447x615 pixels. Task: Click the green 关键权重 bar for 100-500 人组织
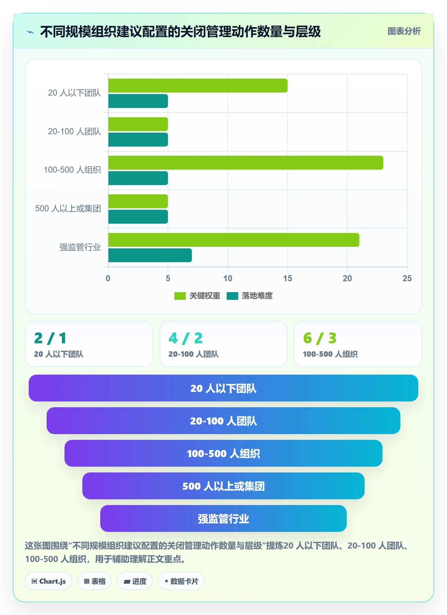pyautogui.click(x=246, y=163)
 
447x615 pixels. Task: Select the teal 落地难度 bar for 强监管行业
pyautogui.click(x=150, y=255)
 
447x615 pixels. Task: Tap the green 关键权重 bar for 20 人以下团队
pyautogui.click(x=198, y=86)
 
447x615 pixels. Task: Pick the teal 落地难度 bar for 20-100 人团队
pyautogui.click(x=138, y=140)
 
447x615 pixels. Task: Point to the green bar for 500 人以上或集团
pyautogui.click(x=138, y=201)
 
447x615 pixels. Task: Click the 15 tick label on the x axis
pyautogui.click(x=287, y=278)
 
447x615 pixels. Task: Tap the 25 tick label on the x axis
pyautogui.click(x=407, y=278)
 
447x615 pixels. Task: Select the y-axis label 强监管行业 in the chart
pyautogui.click(x=80, y=247)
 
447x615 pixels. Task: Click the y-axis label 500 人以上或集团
pyautogui.click(x=68, y=208)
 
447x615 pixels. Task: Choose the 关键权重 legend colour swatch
pyautogui.click(x=180, y=296)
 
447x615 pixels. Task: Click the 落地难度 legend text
pyautogui.click(x=257, y=296)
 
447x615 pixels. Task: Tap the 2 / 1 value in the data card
pyautogui.click(x=50, y=338)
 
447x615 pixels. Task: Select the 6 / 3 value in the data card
pyautogui.click(x=320, y=338)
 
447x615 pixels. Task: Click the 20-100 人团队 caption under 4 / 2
pyautogui.click(x=193, y=354)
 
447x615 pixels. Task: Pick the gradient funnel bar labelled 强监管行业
pyautogui.click(x=223, y=518)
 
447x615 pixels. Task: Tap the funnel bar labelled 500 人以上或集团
pyautogui.click(x=223, y=486)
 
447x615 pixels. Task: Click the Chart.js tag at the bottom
pyautogui.click(x=49, y=581)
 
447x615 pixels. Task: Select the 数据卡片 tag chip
pyautogui.click(x=181, y=581)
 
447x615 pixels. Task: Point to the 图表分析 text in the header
pyautogui.click(x=404, y=31)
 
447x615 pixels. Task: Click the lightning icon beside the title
pyautogui.click(x=30, y=32)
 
